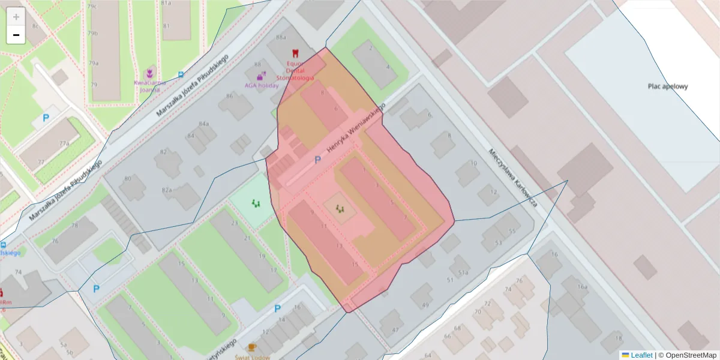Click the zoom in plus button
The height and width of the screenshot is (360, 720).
coord(16,17)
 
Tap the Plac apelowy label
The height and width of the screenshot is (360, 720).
coord(667,86)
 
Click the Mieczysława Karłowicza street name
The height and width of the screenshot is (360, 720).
coord(512,178)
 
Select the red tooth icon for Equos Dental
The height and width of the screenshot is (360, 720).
coord(295,53)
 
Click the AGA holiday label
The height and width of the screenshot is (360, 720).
coord(262,85)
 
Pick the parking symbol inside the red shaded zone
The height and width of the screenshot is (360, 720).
coord(318,160)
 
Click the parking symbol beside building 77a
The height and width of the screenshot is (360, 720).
coord(46,118)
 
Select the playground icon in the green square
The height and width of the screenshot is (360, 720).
coord(256,203)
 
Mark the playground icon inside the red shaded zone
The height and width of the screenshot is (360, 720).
coord(340,208)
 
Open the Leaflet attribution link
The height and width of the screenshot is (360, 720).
coord(641,355)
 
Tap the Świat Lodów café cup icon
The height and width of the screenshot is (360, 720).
coord(252,347)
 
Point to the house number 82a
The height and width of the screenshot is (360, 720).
coord(167,190)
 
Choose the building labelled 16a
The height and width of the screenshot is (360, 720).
coord(582,287)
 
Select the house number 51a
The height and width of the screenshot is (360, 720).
coord(463,272)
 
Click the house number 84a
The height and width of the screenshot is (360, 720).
coord(204,124)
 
